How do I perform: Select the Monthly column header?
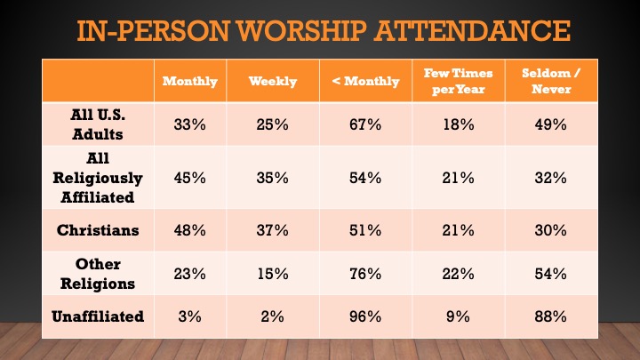coord(189,81)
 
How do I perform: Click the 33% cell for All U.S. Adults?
coord(189,124)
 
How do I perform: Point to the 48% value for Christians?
coord(189,229)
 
